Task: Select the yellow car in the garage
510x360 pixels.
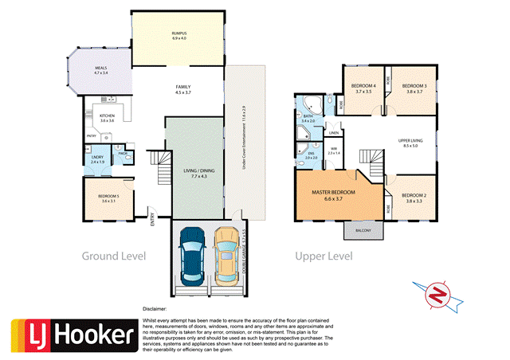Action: click(225, 255)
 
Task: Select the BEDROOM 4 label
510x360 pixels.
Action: click(363, 88)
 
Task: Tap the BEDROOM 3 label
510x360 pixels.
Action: click(414, 88)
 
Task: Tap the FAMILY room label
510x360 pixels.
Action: click(185, 89)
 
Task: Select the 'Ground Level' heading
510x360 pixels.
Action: click(114, 256)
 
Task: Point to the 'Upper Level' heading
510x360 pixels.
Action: click(324, 256)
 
